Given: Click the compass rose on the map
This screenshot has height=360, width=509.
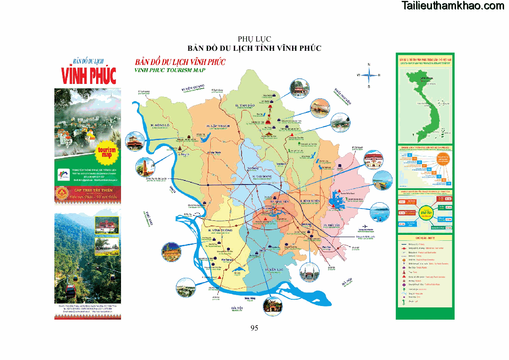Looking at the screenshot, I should [x=368, y=75].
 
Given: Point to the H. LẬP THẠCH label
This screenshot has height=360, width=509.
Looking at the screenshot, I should [x=218, y=126].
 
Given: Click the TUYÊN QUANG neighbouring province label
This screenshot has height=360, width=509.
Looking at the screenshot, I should [x=193, y=87].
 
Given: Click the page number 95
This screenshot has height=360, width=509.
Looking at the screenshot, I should [x=254, y=328].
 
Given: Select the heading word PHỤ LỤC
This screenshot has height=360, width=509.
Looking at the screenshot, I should [x=254, y=39].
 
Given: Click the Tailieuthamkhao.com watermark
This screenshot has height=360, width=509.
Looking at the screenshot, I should [x=453, y=6].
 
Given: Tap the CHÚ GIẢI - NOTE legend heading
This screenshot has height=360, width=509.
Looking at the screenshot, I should [x=425, y=238].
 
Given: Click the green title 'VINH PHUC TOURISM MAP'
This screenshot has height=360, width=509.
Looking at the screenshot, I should [x=170, y=70].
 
